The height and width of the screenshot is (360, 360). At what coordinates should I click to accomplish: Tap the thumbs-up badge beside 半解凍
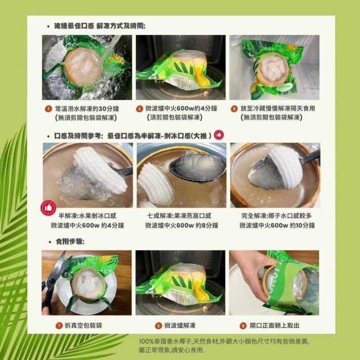[48, 208]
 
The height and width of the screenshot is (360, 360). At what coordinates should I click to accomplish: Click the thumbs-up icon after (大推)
[219, 135]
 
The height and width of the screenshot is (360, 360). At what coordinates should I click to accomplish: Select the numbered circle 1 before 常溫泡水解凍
[48, 109]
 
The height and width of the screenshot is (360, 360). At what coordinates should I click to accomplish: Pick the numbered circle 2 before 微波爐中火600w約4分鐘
[139, 109]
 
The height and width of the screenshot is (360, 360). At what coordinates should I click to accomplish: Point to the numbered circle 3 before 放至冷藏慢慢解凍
[234, 109]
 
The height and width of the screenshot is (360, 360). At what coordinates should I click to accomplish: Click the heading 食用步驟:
[70, 241]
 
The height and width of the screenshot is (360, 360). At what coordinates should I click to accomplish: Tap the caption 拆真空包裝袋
[83, 326]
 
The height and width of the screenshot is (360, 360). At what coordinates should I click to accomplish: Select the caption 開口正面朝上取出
[274, 326]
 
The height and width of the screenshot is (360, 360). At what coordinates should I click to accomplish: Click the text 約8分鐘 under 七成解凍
[207, 226]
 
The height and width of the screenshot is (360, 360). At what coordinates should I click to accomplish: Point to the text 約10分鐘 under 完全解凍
[302, 226]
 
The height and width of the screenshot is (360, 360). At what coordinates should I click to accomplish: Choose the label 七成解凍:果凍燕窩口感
[179, 216]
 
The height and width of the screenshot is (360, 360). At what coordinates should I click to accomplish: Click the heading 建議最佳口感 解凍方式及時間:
[100, 26]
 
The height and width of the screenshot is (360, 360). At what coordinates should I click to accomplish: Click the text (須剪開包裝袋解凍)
[174, 118]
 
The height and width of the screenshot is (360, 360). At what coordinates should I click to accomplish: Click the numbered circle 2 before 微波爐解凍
[159, 326]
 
